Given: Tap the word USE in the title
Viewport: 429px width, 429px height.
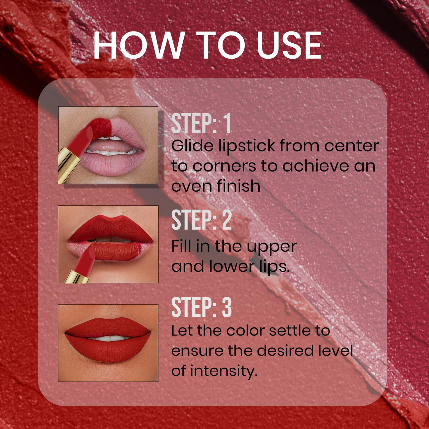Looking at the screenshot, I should coord(289,46).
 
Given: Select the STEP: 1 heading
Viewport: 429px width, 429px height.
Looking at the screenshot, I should coord(201,124).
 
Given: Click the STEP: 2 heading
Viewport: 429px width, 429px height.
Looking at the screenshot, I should coord(201,220).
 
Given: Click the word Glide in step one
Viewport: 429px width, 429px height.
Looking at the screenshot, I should coord(192,146).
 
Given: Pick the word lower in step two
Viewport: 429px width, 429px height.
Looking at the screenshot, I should coord(231,266).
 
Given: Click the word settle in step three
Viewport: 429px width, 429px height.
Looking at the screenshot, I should coord(290,331).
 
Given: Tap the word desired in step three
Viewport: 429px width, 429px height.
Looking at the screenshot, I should coord(286,351).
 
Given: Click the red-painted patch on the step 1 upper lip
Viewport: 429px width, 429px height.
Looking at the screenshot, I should coord(102,127).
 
